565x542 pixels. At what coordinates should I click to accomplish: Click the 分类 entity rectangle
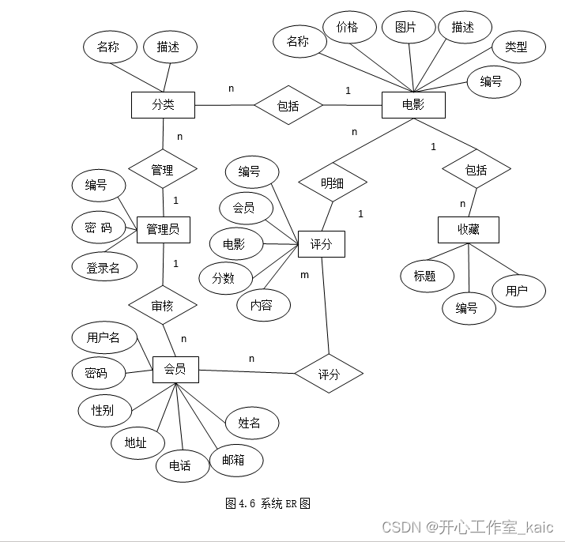coord(163,105)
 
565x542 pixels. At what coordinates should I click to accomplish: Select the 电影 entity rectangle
coord(412,105)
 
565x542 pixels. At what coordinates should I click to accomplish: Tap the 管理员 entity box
coord(163,229)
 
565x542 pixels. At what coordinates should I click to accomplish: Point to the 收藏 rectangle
coord(468,230)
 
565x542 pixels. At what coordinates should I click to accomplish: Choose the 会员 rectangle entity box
coord(175,369)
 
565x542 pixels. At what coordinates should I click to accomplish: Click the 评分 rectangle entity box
coord(321,245)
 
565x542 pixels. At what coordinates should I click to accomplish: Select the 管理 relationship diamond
coord(162,169)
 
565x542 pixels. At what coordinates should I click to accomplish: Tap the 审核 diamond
coord(162,306)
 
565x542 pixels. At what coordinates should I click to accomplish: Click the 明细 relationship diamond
coord(333,183)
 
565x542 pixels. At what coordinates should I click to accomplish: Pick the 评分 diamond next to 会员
coord(329,375)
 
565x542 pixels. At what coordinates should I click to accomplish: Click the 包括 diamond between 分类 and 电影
coord(288,105)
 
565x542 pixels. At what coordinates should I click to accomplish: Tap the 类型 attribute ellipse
coord(515,47)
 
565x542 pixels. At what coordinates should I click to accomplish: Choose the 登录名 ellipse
coord(103,268)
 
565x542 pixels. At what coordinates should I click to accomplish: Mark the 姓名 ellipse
coord(249,423)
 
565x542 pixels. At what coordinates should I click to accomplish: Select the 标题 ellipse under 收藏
coord(424,276)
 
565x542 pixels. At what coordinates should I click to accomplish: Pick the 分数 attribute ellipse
coord(223,277)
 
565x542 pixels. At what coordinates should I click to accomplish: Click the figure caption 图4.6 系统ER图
coord(267,503)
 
